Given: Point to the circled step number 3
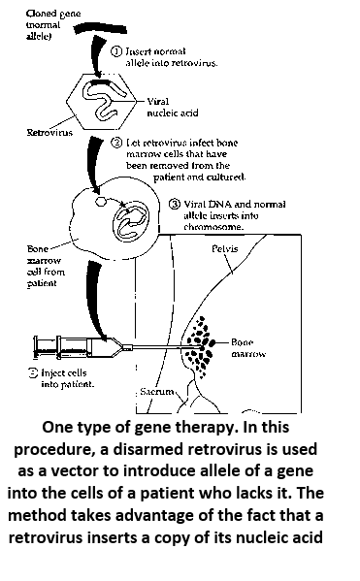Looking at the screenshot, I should [174, 205].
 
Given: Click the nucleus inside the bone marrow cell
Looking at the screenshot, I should [129, 219].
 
